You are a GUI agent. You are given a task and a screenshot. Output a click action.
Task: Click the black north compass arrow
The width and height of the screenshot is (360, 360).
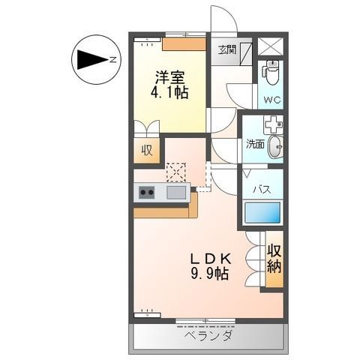(x=92, y=59)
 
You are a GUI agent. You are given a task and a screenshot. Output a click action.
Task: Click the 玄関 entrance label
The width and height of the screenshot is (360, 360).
(x=227, y=50)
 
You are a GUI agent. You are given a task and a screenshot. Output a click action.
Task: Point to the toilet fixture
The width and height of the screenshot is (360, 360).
(x=271, y=73)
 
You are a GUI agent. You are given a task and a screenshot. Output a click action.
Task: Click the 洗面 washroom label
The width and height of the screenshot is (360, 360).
(x=255, y=145)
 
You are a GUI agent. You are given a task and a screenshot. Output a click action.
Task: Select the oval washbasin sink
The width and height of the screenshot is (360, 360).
(x=274, y=145)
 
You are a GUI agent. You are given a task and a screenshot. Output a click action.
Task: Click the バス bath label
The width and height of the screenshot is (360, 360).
(x=261, y=189)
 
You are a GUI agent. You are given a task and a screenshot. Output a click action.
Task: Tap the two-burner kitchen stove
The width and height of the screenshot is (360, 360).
(x=146, y=193)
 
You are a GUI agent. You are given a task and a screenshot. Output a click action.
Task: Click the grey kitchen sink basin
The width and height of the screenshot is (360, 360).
(x=176, y=193)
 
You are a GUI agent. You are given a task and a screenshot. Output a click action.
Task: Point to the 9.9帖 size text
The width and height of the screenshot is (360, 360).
(x=210, y=274)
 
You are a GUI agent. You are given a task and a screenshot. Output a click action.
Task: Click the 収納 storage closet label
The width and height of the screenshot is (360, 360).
(x=274, y=259)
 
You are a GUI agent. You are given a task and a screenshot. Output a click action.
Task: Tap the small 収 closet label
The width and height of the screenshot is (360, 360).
(x=148, y=150)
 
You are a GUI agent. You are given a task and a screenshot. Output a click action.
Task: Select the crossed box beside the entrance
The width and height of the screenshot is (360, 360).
(x=271, y=46)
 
